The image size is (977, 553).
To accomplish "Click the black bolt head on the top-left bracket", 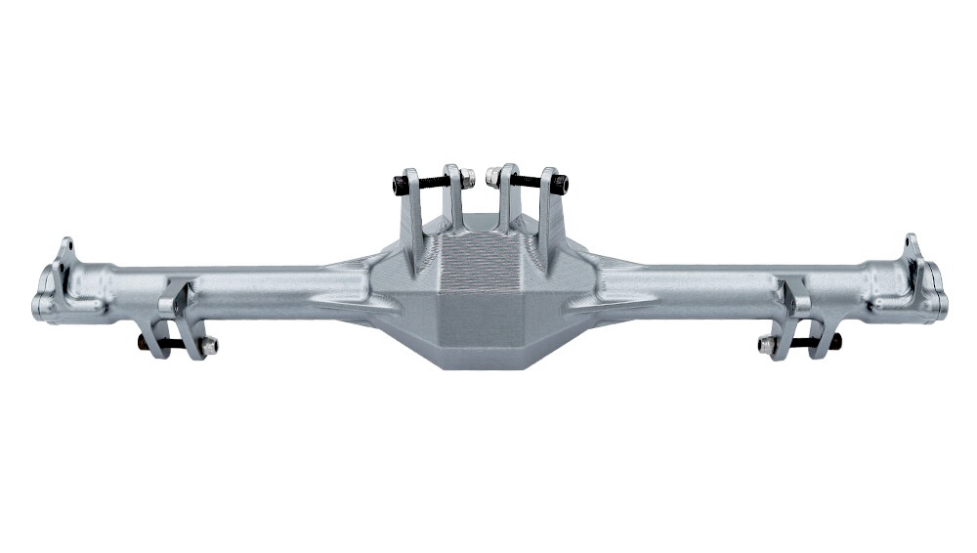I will point(399,184).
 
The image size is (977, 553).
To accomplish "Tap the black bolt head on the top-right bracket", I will point(560,184).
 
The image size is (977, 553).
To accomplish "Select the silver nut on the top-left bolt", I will point(468,178).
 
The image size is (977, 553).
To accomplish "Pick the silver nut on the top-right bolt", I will point(493,178).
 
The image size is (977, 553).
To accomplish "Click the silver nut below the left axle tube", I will point(209,344).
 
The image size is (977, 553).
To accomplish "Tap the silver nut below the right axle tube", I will point(767,344).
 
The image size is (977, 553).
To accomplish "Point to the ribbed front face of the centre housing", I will point(479,269).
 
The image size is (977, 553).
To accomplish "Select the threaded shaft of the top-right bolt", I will point(529,181).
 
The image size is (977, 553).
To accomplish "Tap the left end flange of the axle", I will point(45,298).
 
